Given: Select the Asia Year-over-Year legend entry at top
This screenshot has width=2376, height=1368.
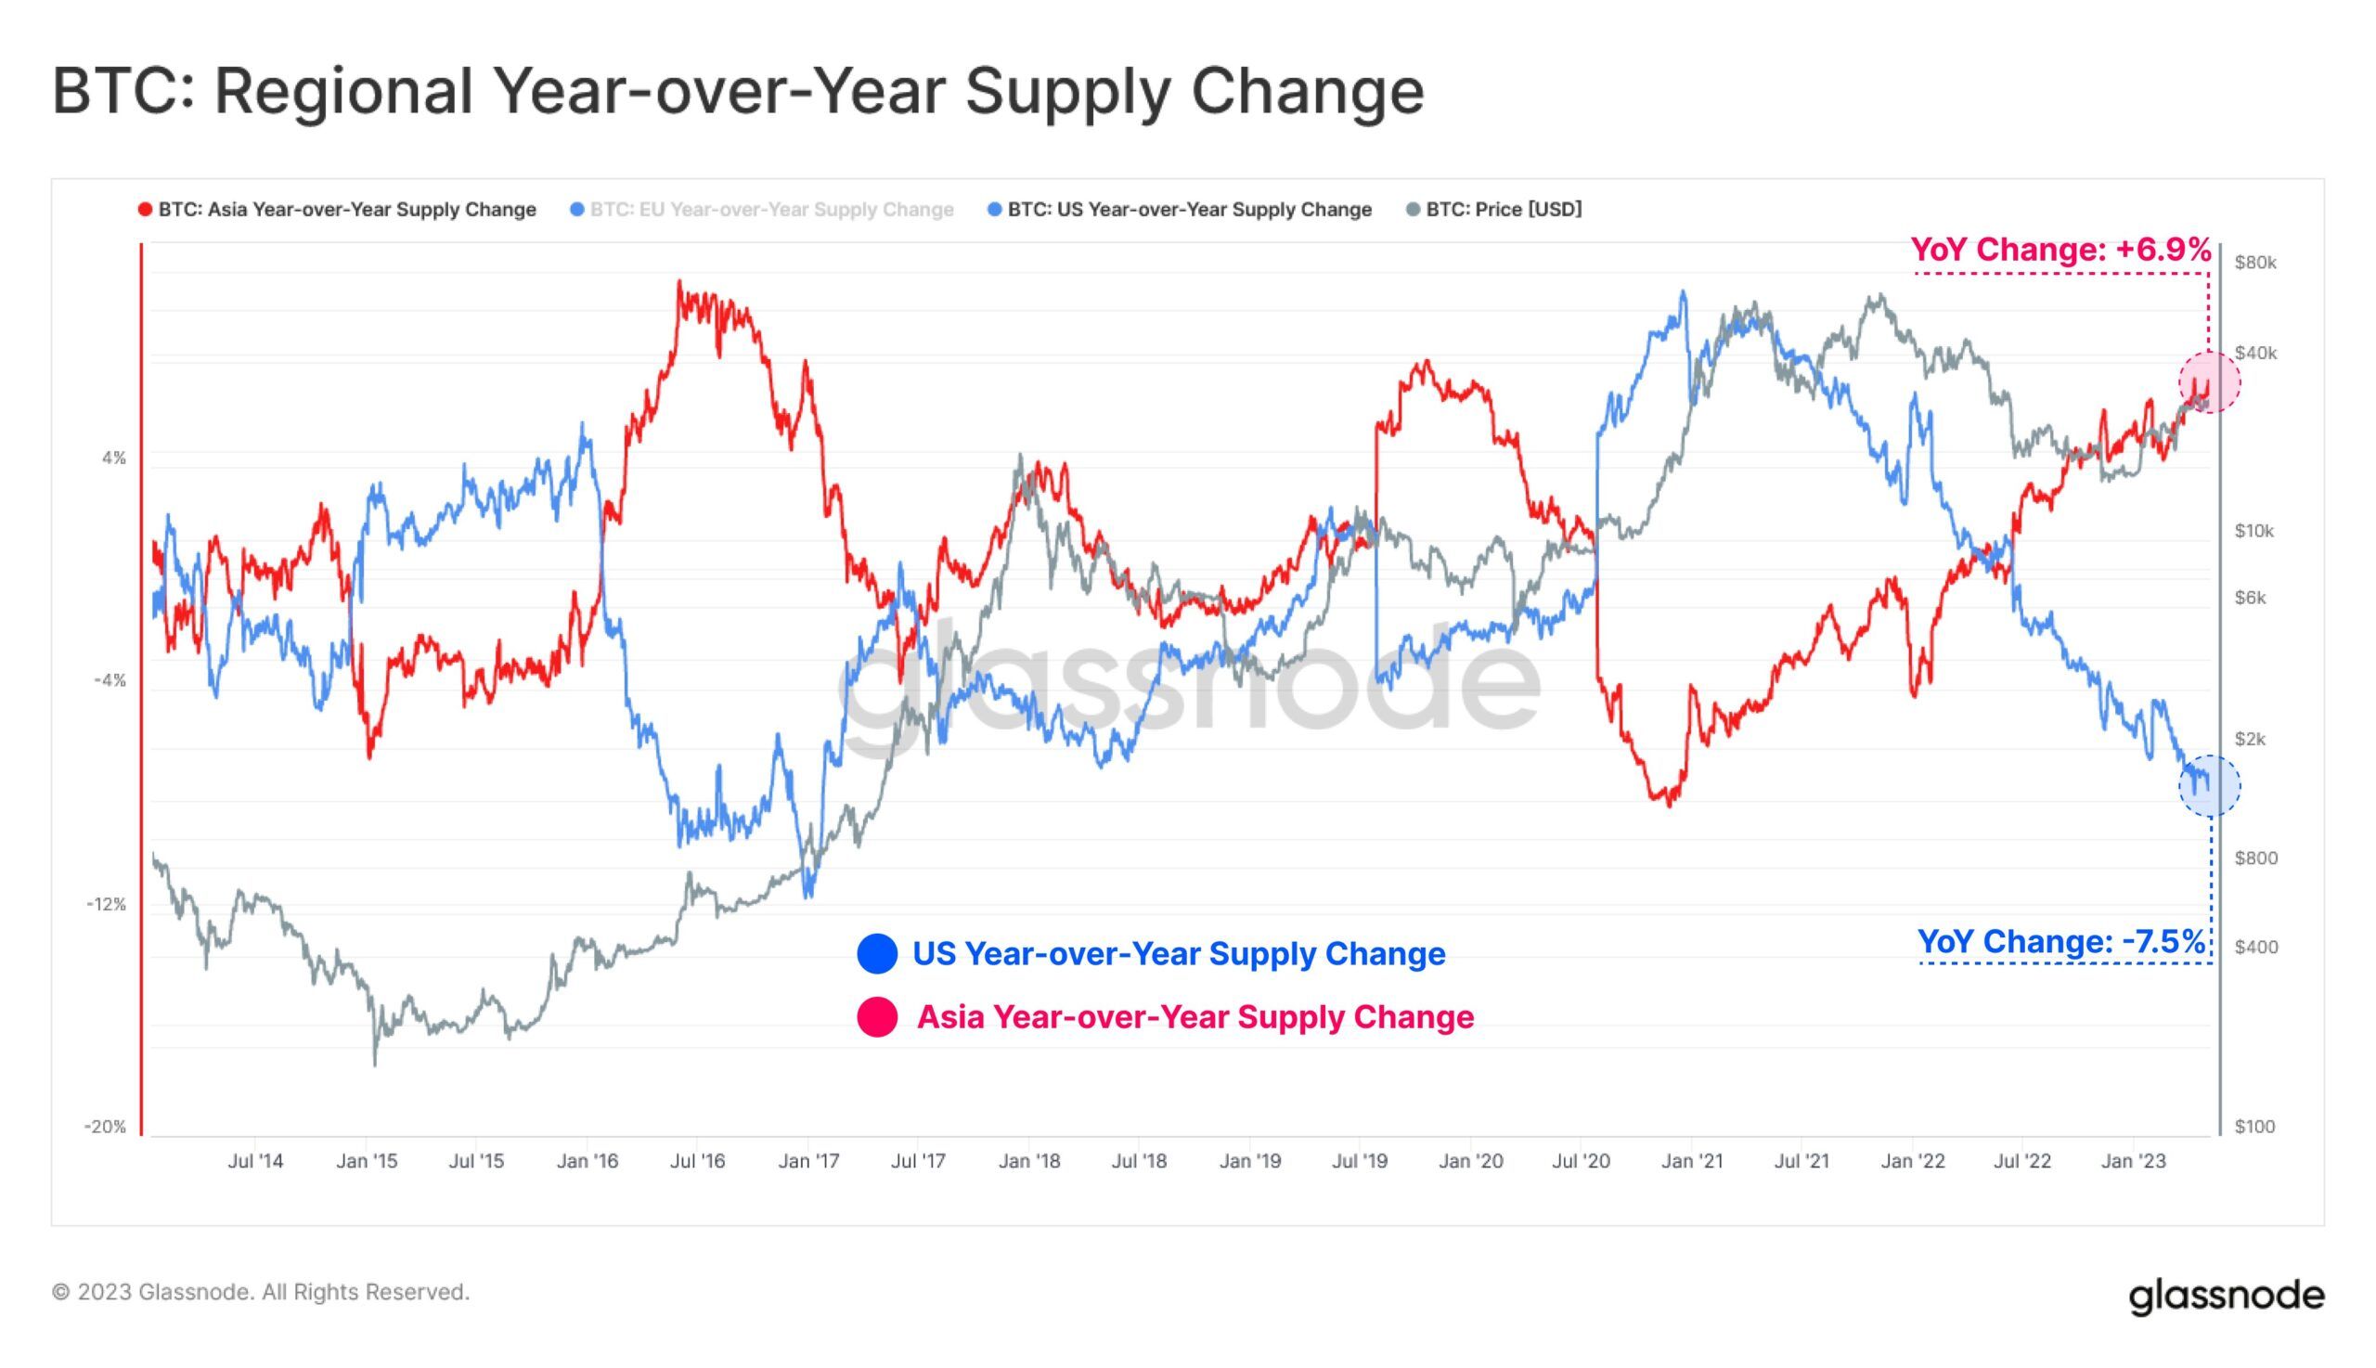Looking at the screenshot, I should (x=337, y=210).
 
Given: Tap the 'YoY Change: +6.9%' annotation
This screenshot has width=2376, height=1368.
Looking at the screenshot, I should (x=2060, y=250).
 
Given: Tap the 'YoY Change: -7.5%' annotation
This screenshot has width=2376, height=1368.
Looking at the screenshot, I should (x=2060, y=940).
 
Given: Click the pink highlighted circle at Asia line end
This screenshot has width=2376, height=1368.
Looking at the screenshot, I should (x=2209, y=381).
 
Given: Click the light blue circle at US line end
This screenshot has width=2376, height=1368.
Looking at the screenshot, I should (x=2209, y=785).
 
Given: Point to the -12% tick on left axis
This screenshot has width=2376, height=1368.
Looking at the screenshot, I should (x=106, y=904).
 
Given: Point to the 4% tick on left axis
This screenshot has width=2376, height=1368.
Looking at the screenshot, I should (x=112, y=458).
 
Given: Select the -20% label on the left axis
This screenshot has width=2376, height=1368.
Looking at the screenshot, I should (x=105, y=1126).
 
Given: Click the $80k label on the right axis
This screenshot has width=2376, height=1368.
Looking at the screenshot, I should (x=2254, y=262).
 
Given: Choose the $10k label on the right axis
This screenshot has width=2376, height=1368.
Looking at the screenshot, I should (x=2253, y=531).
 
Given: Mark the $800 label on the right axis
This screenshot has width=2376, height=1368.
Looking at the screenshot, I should (x=2254, y=858).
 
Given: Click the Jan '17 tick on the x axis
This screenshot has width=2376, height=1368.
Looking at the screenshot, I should (x=808, y=1161).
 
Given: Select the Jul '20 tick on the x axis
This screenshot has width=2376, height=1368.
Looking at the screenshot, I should (x=1582, y=1161).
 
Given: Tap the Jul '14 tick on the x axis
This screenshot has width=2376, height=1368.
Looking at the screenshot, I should (x=255, y=1161).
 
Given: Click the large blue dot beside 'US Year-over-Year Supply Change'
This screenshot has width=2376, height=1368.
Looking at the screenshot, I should (x=876, y=954).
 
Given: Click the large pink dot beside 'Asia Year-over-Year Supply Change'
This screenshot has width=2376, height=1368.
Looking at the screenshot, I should (x=876, y=1016).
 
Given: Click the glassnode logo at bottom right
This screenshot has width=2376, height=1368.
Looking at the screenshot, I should (x=2226, y=1296).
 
